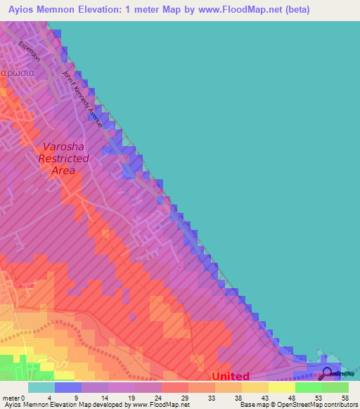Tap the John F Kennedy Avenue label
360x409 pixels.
(x=83, y=98)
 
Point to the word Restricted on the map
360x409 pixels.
(x=64, y=159)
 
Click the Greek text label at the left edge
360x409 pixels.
(x=14, y=72)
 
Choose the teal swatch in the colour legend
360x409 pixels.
(x=41, y=387)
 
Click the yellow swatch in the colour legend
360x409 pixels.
(x=281, y=387)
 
